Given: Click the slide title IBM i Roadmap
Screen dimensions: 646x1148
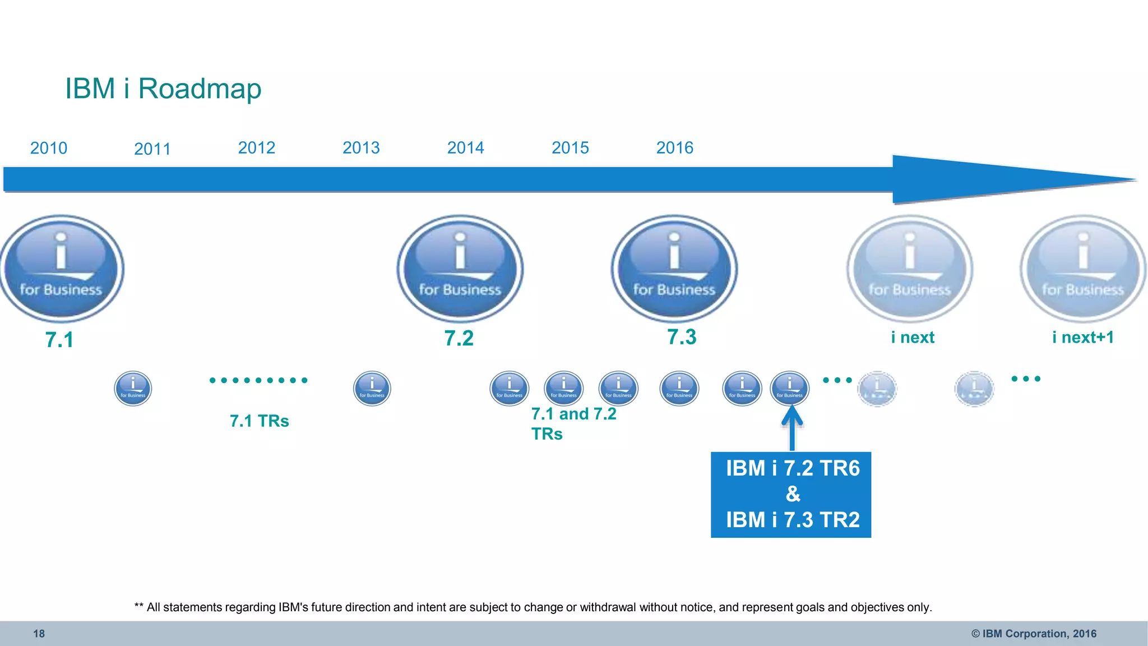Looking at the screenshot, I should coord(163,89).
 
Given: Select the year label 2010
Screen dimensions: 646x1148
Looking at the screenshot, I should coord(49,148).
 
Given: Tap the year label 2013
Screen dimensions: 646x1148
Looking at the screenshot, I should coord(361,147).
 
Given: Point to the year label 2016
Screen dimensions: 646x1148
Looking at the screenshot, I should coord(675,147).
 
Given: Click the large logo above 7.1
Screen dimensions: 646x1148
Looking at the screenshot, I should coord(61,269).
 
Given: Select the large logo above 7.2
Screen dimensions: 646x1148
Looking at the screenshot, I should coord(460,269).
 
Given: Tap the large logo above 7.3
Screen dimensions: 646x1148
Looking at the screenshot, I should coord(674,269).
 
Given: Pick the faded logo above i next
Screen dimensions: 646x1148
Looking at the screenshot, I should coord(910,269).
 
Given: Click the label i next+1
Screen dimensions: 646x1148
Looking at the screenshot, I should coord(1082,337).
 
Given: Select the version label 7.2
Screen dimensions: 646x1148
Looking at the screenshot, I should coord(459,338).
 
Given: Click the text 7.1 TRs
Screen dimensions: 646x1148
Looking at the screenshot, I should coord(259,421).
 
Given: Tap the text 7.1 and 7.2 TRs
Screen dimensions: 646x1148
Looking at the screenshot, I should coord(573,423).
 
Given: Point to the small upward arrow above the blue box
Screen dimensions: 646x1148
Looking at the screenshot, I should coord(792,429).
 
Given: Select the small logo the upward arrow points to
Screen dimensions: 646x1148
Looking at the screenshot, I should coord(789,388).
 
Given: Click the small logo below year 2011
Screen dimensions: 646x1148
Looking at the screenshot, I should coord(133,388).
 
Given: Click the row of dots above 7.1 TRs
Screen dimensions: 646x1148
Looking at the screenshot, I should coord(258,380).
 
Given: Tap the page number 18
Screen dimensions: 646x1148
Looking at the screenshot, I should coord(39,634).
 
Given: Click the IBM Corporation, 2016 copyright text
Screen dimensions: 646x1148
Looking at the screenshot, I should coord(1034,634).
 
